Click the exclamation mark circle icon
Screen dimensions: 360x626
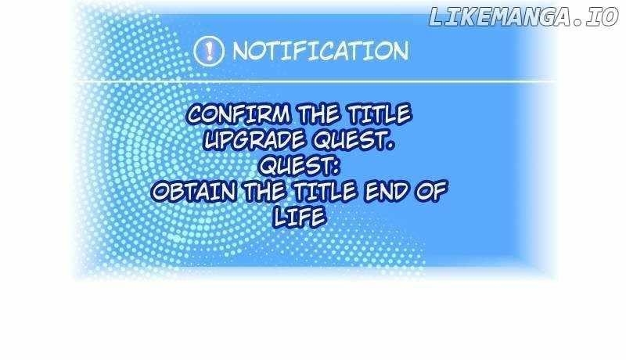[x=208, y=52]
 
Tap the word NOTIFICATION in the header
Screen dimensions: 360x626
[x=320, y=52]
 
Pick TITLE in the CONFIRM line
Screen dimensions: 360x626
[x=381, y=116]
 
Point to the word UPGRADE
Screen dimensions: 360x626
[x=250, y=142]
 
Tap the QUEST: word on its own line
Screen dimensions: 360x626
[x=299, y=167]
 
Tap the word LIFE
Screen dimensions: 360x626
[x=298, y=218]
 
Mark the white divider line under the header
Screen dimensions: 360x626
[x=313, y=80]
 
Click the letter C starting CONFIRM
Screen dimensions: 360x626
[x=195, y=116]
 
